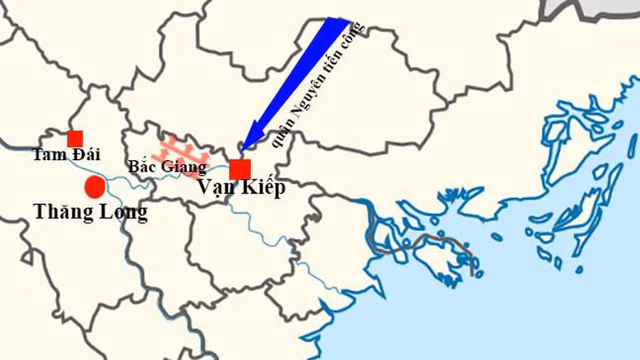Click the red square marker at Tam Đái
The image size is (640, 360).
(x=75, y=139)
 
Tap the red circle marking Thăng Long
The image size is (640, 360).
(x=95, y=187)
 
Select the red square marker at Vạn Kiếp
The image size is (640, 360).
(x=240, y=169)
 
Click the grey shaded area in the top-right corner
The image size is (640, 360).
(x=597, y=9)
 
